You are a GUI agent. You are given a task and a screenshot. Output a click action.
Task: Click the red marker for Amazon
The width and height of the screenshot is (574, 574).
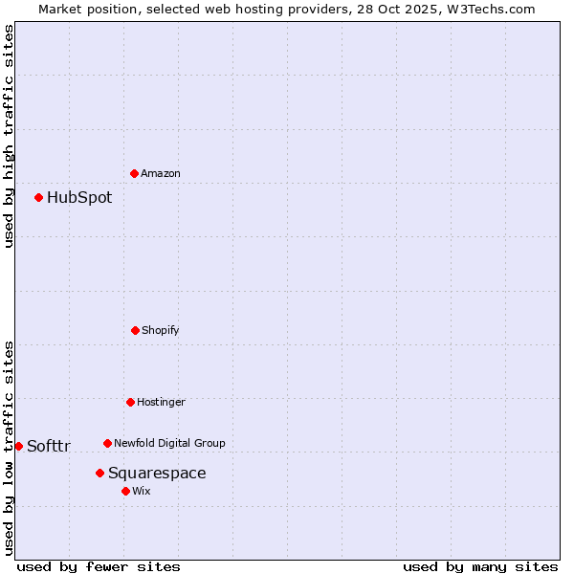click(x=134, y=173)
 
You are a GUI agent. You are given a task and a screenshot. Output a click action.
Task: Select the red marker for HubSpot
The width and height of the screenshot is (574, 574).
click(x=38, y=197)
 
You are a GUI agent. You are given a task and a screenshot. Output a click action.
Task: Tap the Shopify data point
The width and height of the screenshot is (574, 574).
click(x=135, y=330)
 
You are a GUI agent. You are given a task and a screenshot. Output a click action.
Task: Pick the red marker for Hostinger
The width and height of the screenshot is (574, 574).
click(x=130, y=402)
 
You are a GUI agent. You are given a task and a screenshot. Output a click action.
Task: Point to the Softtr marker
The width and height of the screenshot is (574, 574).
click(x=18, y=446)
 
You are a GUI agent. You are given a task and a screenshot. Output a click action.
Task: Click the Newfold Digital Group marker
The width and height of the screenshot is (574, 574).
click(x=107, y=443)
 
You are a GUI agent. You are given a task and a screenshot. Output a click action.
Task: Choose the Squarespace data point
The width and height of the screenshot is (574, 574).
click(x=99, y=473)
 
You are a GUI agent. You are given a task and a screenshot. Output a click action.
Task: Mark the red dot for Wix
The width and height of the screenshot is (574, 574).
click(x=125, y=491)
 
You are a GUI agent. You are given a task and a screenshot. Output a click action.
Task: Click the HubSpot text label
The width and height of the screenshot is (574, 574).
click(x=79, y=198)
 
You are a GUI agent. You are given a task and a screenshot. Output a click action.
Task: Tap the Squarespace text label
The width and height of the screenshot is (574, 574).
click(x=157, y=474)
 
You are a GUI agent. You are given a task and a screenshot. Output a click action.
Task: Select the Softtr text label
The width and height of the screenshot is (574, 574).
click(x=49, y=447)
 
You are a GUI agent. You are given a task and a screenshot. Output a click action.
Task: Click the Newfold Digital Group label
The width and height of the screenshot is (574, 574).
click(x=169, y=443)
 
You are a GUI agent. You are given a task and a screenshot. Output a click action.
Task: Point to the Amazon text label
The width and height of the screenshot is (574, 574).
click(x=161, y=173)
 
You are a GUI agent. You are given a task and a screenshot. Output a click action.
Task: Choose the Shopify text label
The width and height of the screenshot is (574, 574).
click(x=161, y=330)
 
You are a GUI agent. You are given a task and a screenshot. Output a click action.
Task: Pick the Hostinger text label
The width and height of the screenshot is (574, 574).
click(x=161, y=402)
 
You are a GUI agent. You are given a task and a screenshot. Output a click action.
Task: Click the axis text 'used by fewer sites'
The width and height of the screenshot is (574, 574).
click(x=99, y=566)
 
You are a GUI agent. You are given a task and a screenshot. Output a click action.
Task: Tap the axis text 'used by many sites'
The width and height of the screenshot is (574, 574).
click(x=480, y=566)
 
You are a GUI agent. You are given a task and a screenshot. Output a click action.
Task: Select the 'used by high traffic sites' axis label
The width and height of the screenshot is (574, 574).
click(x=9, y=136)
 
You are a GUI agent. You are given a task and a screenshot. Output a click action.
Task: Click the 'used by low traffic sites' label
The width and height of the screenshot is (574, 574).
click(x=9, y=448)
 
